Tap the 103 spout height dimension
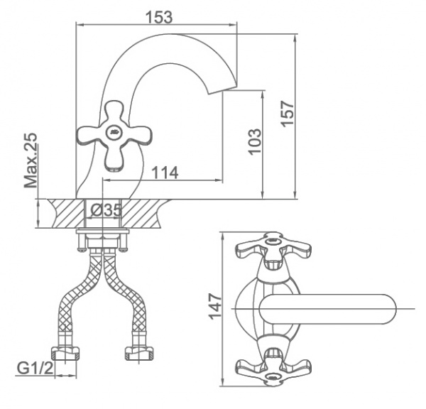tap(256, 141)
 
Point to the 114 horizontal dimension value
tap(163, 173)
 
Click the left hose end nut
tap(69, 353)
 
